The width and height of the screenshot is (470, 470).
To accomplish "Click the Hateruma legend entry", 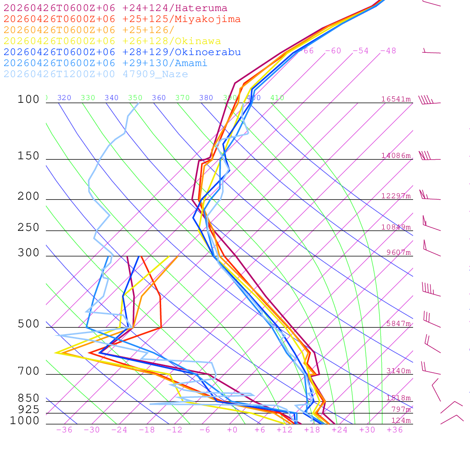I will [x=115, y=8].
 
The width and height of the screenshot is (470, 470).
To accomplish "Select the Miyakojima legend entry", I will [x=122, y=19].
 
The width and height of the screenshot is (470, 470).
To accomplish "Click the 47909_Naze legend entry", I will [x=95, y=74].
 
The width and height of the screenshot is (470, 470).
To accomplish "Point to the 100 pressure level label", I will [x=28, y=99].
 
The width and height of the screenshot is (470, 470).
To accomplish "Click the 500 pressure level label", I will [x=28, y=324].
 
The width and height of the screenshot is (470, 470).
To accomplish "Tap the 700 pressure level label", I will [x=28, y=371].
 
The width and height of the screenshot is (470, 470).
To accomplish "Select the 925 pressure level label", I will [x=28, y=409].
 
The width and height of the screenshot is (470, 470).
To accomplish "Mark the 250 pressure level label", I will [x=28, y=228].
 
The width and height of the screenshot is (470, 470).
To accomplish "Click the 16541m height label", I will [x=396, y=99].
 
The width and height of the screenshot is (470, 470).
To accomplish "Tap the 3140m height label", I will [x=398, y=371].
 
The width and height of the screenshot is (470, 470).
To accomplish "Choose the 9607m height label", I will [x=398, y=252].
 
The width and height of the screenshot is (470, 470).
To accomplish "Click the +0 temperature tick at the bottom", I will [x=232, y=430].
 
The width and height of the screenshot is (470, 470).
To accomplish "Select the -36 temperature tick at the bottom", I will [x=64, y=430].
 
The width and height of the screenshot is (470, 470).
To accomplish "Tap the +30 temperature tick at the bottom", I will [x=367, y=430].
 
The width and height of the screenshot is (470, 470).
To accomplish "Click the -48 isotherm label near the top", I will [x=388, y=51].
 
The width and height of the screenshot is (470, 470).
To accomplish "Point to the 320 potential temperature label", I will [x=64, y=98].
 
